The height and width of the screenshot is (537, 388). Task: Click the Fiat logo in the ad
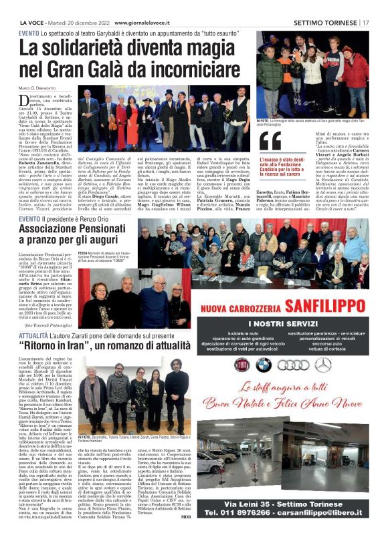[241, 365]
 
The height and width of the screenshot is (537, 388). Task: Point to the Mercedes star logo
[324, 365]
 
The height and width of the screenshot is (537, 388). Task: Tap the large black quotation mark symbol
[270, 142]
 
